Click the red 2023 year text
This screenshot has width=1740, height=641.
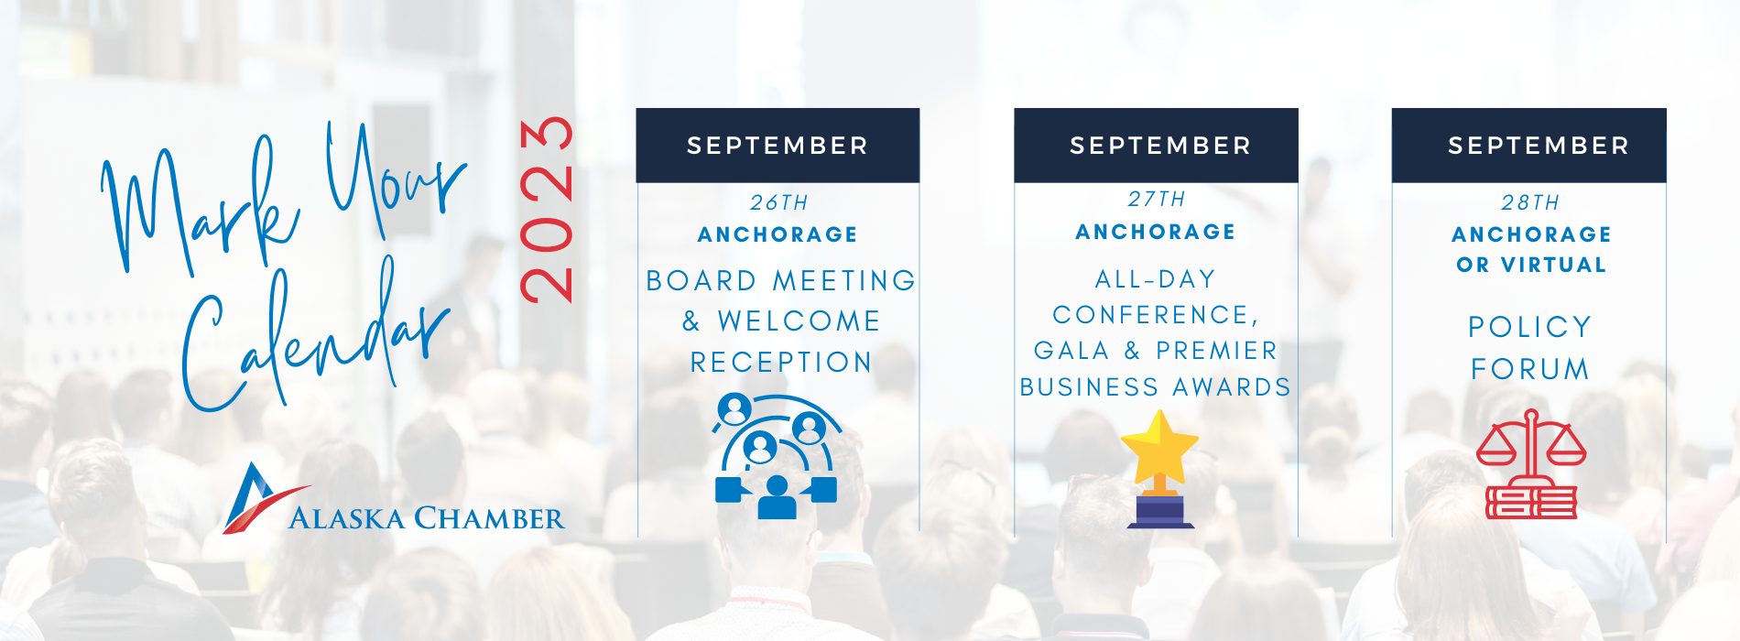tap(547, 210)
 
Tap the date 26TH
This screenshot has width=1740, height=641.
tap(779, 202)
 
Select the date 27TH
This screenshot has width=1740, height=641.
tap(1157, 199)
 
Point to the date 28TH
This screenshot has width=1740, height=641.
tap(1530, 202)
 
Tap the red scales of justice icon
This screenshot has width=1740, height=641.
tap(1530, 464)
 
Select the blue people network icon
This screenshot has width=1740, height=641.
tap(777, 456)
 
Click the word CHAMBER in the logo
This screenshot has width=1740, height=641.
tap(490, 518)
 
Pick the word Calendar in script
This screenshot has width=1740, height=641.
tap(316, 339)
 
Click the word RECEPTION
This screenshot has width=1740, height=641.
tap(781, 363)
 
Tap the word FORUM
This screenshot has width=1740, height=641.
tap(1530, 369)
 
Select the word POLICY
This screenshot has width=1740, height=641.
tap(1530, 327)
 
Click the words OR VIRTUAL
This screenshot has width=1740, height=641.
tap(1531, 265)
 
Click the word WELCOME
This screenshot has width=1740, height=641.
tap(799, 321)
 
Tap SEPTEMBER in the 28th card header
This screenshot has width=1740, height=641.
tap(1539, 146)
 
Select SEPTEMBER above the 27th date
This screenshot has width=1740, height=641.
tap(1160, 146)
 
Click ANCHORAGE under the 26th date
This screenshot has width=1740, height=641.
tap(778, 234)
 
